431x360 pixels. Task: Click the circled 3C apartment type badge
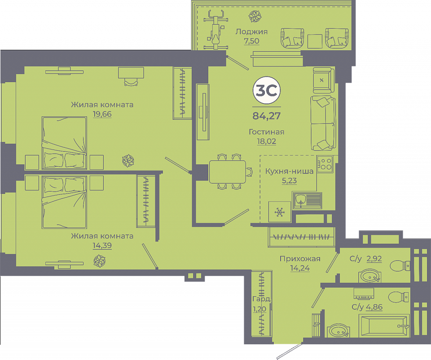point(266,90)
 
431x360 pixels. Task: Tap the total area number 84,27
point(266,116)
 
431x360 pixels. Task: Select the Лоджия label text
point(251,31)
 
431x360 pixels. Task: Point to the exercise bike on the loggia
point(216,30)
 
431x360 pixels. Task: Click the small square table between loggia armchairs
point(315,41)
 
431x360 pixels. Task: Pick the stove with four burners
point(325,164)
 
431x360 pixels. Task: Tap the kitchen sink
point(307,200)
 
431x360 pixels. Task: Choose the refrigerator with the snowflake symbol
point(280,211)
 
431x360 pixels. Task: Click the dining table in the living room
point(228,172)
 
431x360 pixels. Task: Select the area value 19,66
point(102,114)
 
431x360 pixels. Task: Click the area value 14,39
point(102,245)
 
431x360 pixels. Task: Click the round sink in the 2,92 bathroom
point(369,276)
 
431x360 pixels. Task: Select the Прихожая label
point(300,259)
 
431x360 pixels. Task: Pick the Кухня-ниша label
point(289,171)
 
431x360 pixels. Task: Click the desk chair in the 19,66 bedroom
point(131,82)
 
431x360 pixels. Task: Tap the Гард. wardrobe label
point(262,299)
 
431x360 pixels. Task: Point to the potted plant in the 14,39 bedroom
point(100,260)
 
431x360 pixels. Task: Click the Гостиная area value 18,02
point(266,141)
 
